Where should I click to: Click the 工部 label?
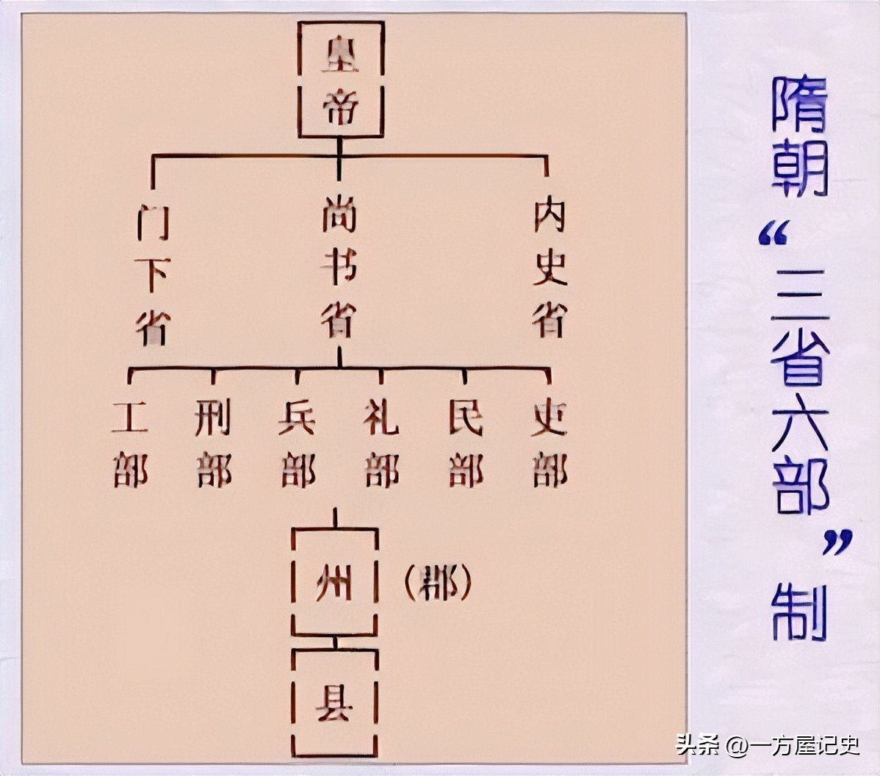pyautogui.click(x=131, y=444)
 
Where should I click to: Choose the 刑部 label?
pyautogui.click(x=214, y=444)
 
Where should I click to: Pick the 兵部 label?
pyautogui.click(x=297, y=444)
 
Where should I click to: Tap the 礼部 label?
pyautogui.click(x=381, y=444)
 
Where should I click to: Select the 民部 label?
pyautogui.click(x=465, y=444)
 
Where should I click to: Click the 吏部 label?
pyautogui.click(x=549, y=444)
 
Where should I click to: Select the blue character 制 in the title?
pyautogui.click(x=799, y=611)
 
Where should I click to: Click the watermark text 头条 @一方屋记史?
pyautogui.click(x=768, y=745)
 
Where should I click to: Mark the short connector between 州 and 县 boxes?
pyautogui.click(x=335, y=643)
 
